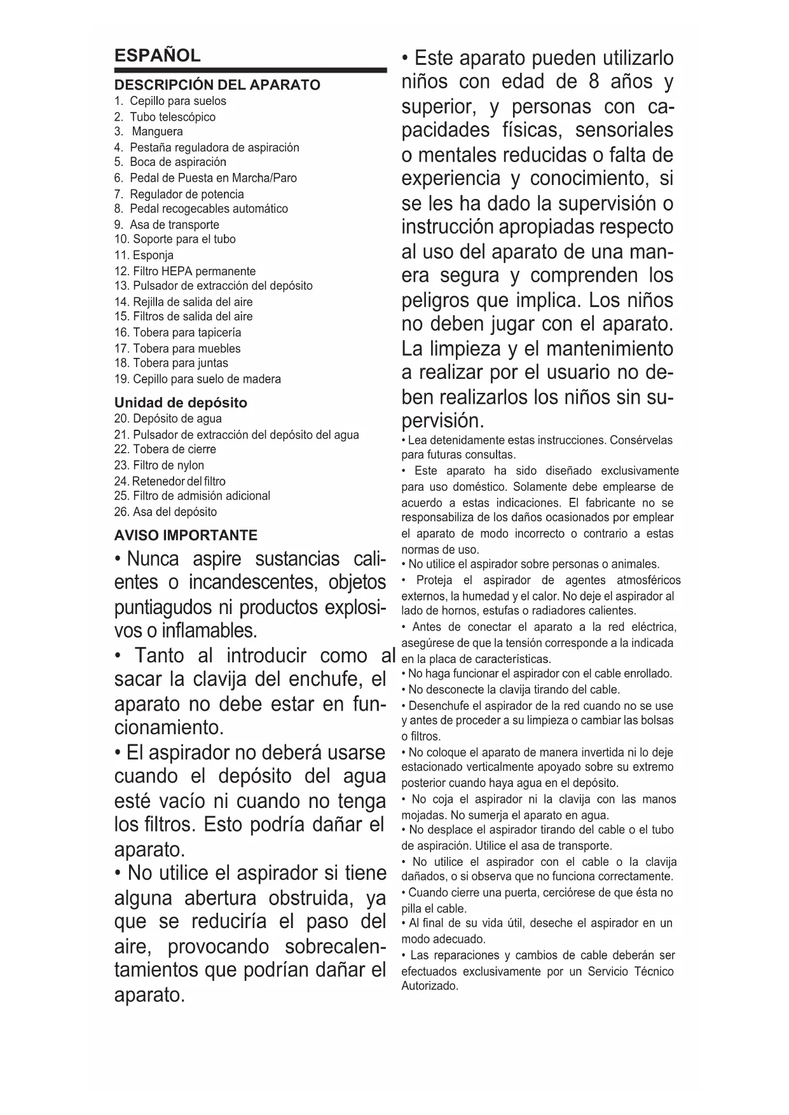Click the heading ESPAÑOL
[x=157, y=56]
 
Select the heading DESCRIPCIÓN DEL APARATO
[x=217, y=85]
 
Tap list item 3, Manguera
[x=156, y=132]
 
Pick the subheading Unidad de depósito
[x=181, y=402]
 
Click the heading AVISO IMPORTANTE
[x=186, y=535]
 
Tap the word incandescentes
[x=254, y=582]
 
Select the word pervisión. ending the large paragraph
[x=443, y=420]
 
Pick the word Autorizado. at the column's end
[x=430, y=986]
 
